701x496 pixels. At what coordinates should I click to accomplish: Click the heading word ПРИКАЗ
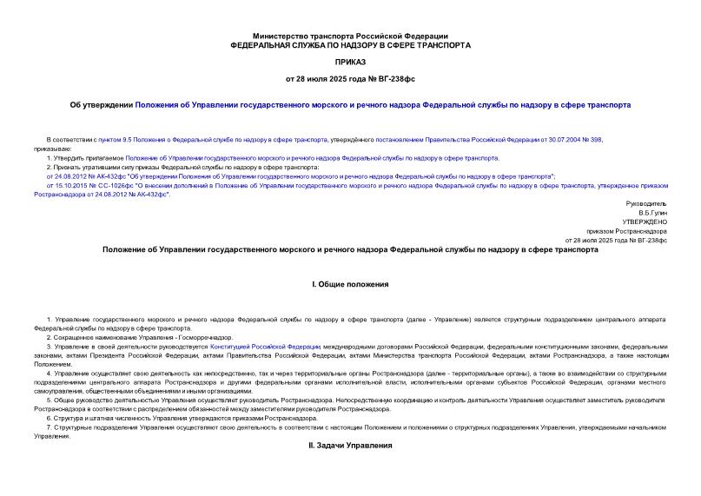click(x=350, y=63)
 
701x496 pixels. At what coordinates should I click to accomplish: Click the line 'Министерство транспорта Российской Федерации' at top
click(x=350, y=34)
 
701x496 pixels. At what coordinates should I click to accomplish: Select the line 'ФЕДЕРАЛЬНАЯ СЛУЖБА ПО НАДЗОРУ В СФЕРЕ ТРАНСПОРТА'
click(x=350, y=44)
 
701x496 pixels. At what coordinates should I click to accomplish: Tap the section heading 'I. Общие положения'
click(x=350, y=285)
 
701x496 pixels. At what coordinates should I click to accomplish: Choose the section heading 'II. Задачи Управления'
click(x=350, y=446)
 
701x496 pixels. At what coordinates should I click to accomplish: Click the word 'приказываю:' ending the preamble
click(x=53, y=149)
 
